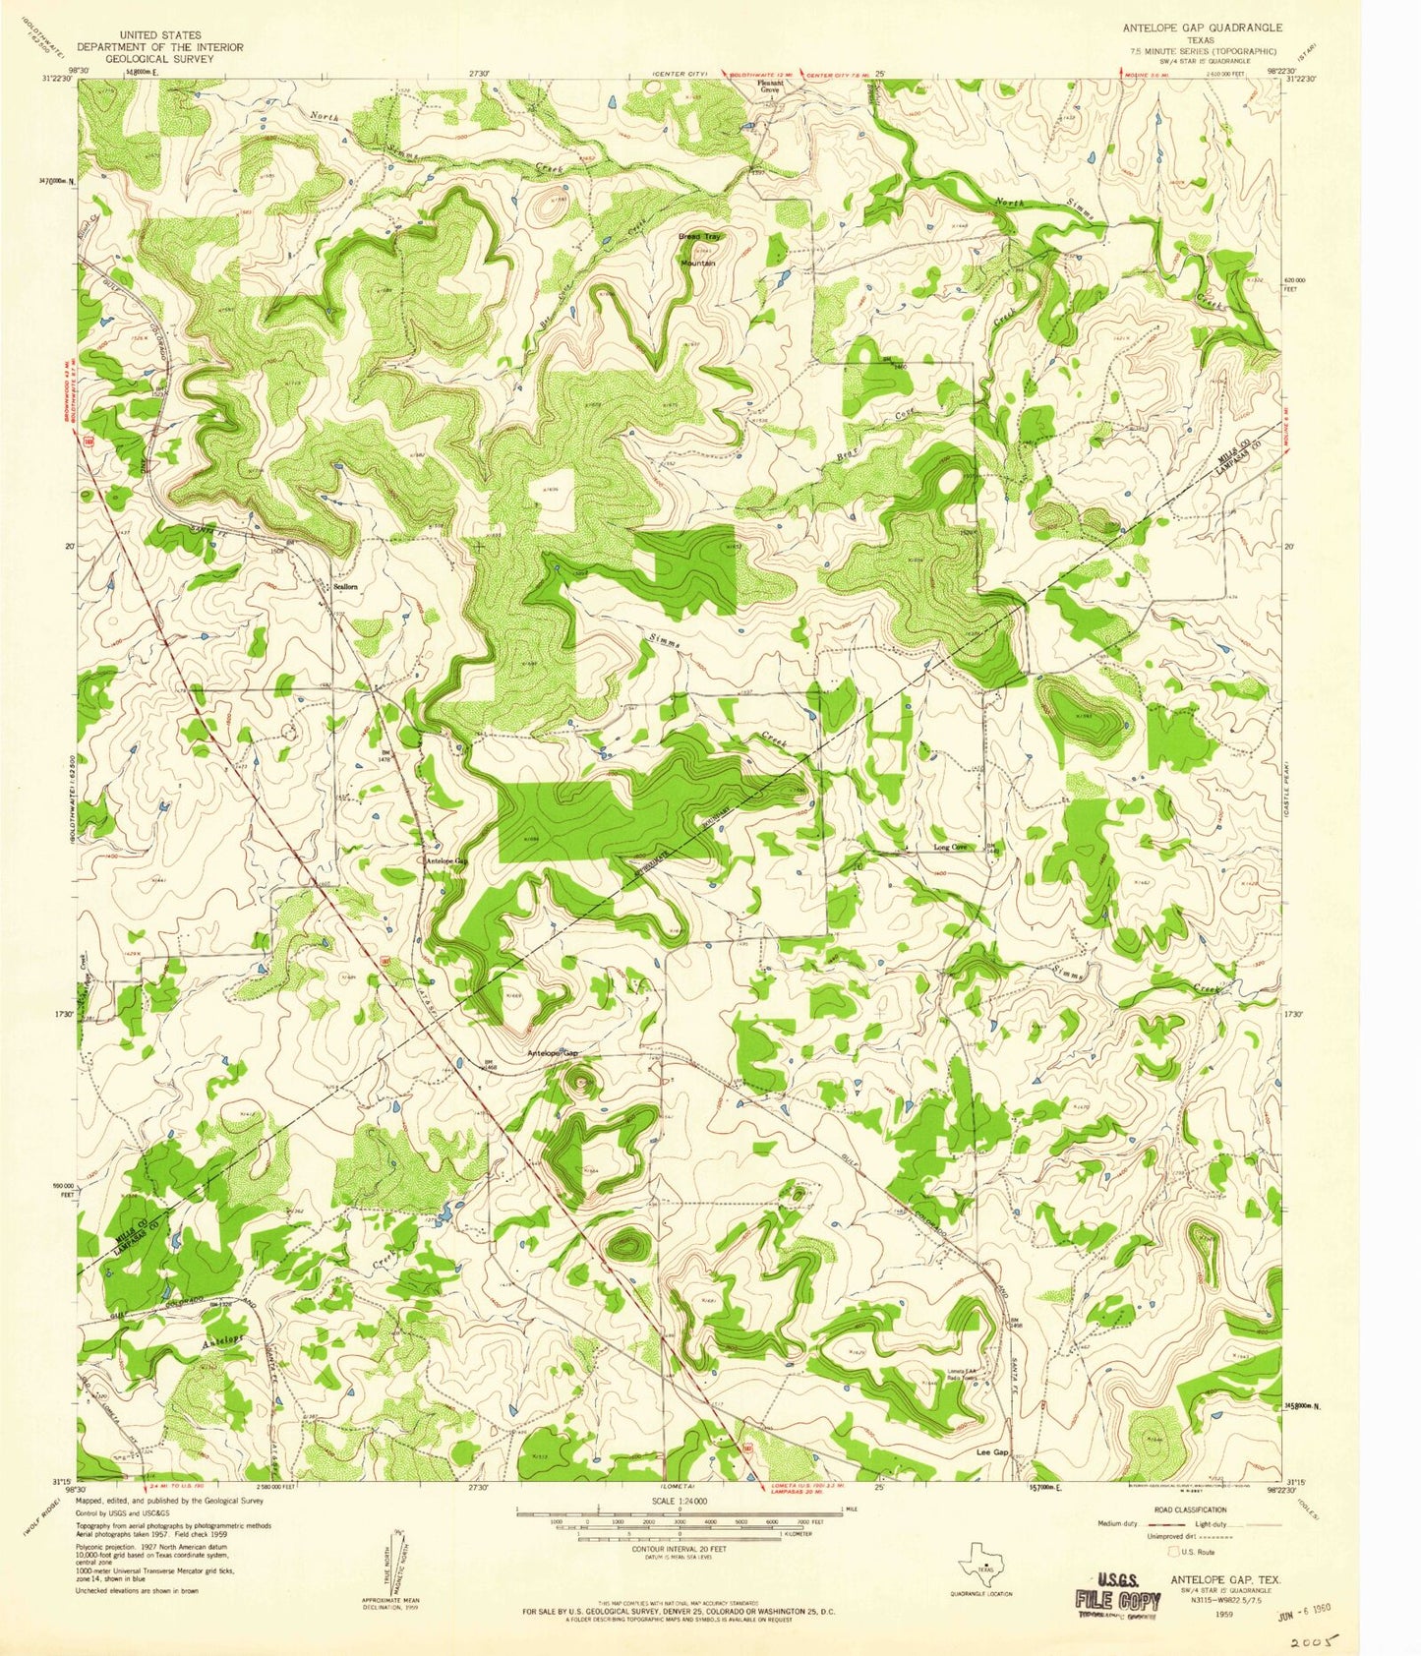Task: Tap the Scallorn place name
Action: [x=345, y=586]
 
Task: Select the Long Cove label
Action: [x=950, y=847]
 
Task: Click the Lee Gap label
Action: [x=992, y=1451]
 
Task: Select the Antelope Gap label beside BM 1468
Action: [x=554, y=1053]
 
